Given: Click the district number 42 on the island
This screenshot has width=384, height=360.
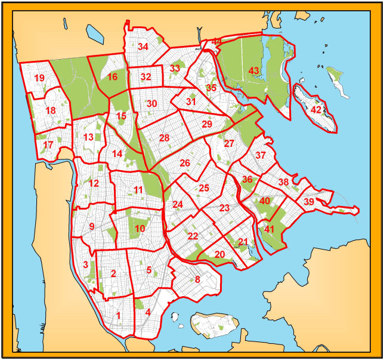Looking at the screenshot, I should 316,110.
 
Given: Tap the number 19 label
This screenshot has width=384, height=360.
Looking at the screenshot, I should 39,78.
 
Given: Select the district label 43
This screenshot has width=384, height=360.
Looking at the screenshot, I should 254,70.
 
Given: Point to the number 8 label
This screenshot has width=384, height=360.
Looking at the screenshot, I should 197,279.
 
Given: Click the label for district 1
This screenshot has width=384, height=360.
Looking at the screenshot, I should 119,316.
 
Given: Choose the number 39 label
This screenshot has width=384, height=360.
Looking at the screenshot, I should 308,202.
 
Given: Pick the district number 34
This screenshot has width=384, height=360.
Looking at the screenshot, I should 143,47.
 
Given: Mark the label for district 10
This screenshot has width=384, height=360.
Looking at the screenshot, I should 140,228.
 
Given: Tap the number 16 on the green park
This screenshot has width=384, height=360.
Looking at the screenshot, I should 112,76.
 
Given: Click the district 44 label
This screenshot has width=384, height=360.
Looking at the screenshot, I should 216,41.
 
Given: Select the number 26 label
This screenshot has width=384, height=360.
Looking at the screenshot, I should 185,163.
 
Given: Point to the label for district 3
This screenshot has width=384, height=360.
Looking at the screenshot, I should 86,264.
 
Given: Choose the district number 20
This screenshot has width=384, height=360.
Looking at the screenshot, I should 220,254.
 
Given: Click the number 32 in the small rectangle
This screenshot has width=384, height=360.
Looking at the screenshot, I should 145,77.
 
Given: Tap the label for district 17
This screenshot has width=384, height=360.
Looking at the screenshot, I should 48,144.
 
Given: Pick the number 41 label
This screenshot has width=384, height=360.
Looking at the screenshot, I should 270,229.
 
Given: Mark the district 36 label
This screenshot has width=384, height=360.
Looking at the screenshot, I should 247,180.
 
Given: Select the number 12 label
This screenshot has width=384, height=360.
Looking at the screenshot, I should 94,183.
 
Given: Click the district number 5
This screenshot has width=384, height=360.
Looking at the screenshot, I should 149,270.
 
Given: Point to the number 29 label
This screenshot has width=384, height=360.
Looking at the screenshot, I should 207,124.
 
